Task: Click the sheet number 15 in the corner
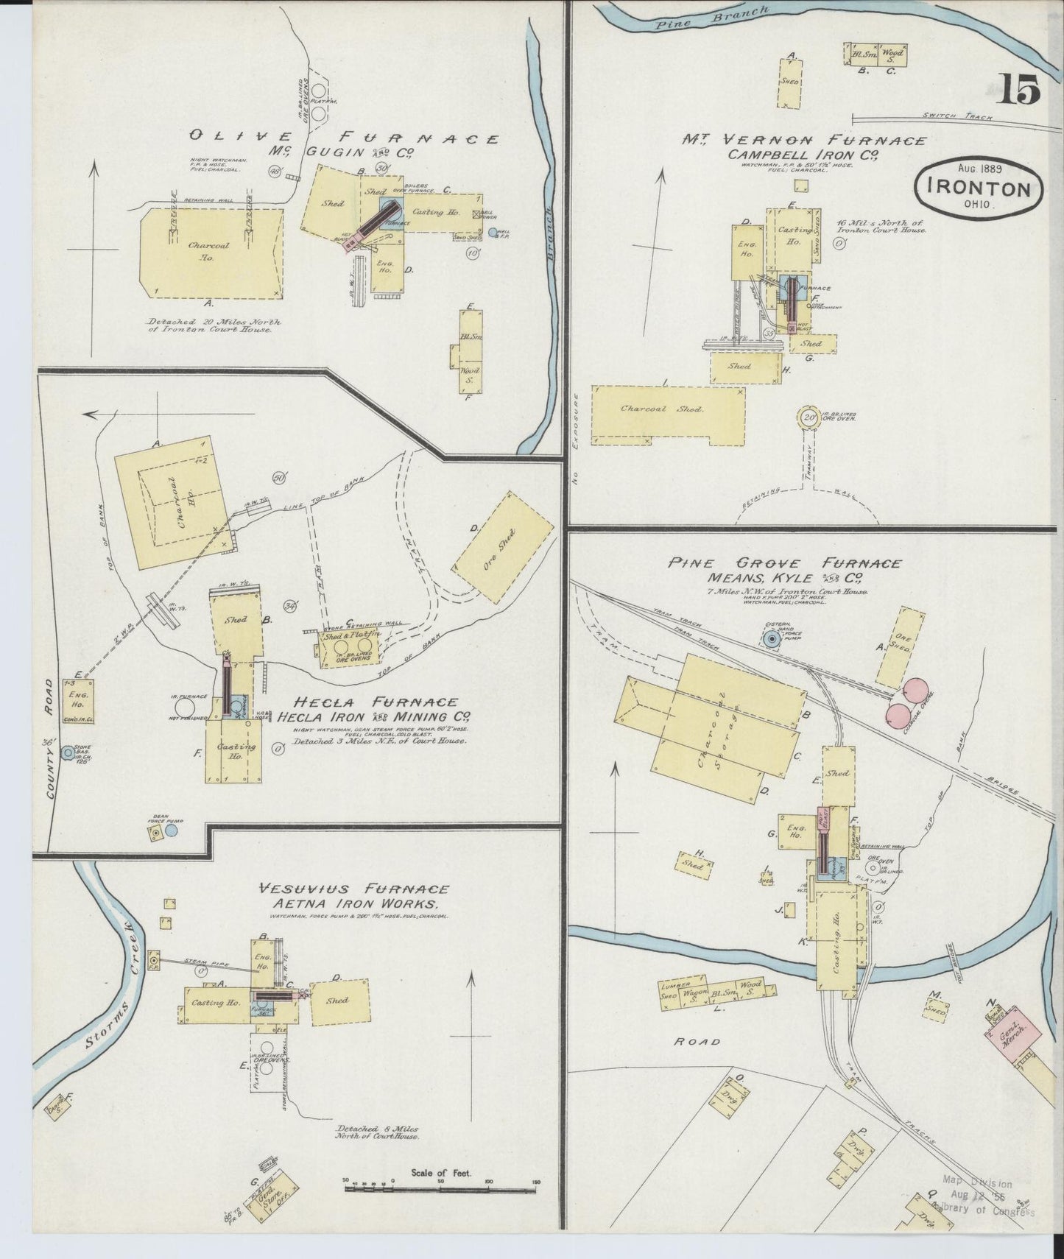[x=1019, y=90]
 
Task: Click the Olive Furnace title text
[x=344, y=138]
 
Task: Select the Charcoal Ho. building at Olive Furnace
[x=210, y=252]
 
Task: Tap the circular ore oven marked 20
[x=810, y=417]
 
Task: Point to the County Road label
[x=52, y=738]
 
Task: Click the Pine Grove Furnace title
[x=784, y=563]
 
